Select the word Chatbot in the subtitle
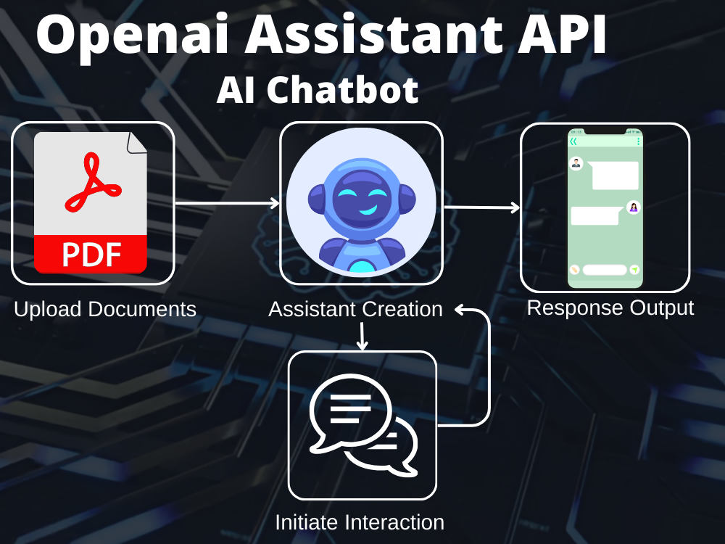343,90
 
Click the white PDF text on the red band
91,254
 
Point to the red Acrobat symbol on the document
93,184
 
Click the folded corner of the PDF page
137,142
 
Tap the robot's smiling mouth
368,211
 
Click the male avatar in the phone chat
576,163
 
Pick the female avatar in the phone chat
634,207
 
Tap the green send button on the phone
635,270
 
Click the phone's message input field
605,270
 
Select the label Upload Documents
105,309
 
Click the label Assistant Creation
355,309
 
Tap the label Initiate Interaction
360,522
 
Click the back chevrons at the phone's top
573,141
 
